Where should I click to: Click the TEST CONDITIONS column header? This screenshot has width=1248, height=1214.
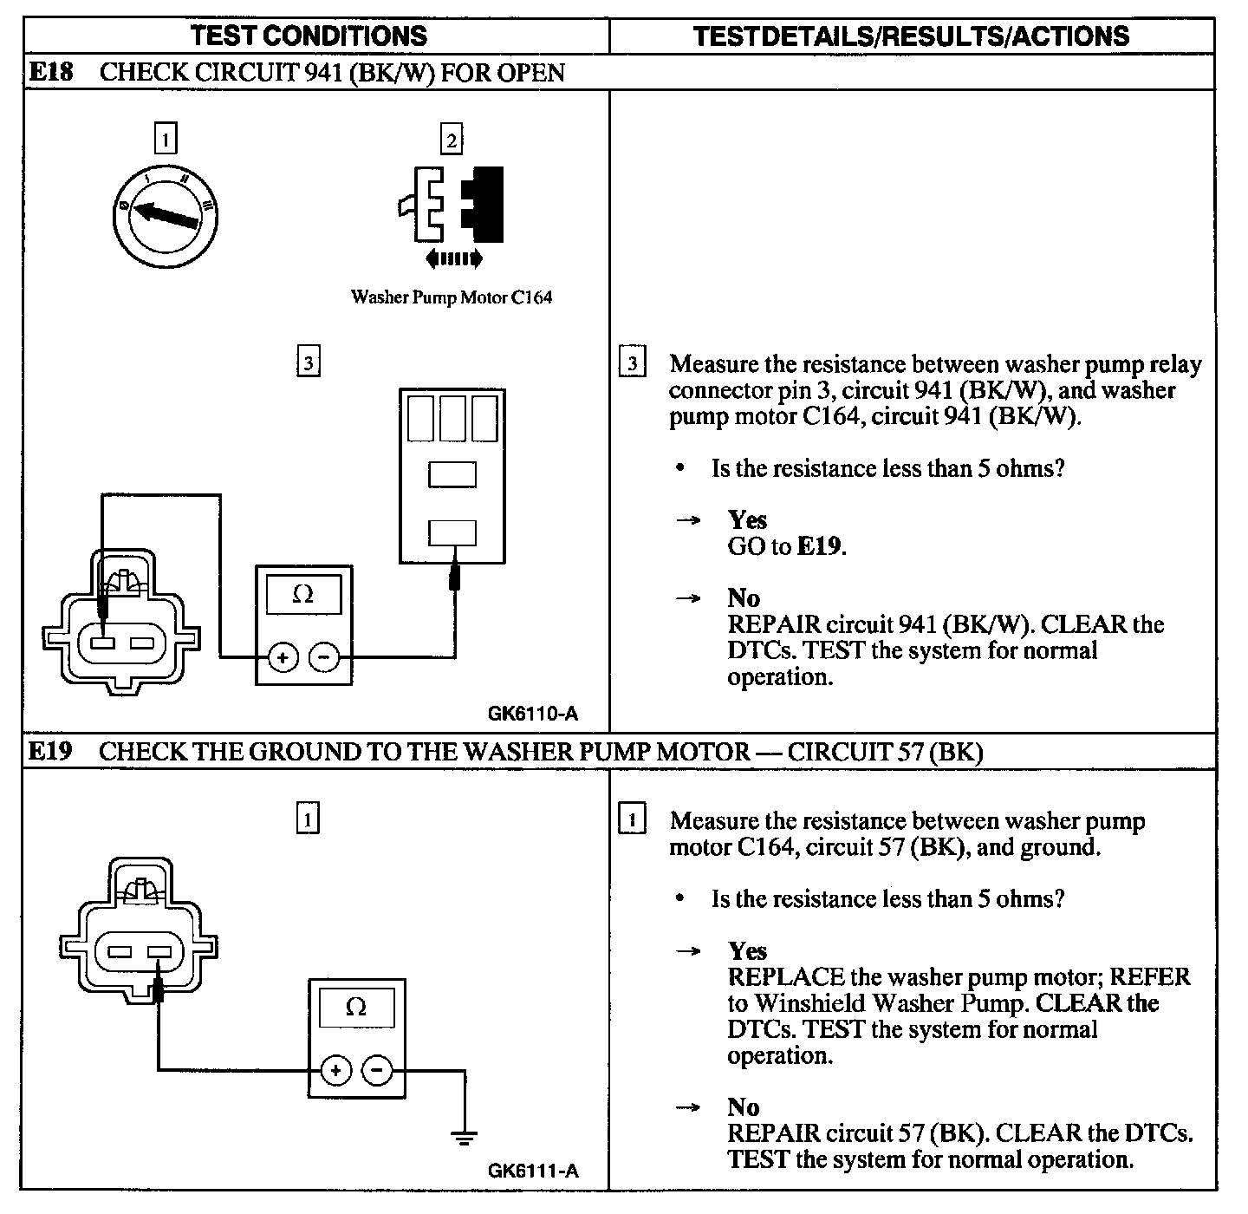pos(309,36)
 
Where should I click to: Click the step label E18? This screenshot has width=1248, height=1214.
pos(51,72)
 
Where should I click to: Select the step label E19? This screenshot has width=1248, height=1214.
pos(50,751)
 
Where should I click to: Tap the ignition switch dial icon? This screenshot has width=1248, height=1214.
pos(165,214)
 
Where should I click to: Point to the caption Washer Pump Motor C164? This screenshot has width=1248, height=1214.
pos(451,297)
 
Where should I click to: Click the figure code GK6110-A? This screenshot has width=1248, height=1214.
pos(532,714)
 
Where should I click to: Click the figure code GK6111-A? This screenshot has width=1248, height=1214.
pos(532,1171)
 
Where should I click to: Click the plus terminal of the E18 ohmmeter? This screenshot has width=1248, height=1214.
pos(283,657)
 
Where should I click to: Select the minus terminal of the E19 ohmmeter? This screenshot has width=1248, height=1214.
pos(377,1071)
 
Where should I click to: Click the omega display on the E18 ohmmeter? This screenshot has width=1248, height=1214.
pos(303,594)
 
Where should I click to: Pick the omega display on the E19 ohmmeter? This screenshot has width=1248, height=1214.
pos(356,1007)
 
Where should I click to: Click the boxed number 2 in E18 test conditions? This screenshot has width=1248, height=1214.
pos(451,140)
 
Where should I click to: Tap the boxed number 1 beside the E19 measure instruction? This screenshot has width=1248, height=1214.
pos(633,819)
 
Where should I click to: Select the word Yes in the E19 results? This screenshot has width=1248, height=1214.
pos(747,950)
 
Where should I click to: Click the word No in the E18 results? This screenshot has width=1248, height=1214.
pos(744,597)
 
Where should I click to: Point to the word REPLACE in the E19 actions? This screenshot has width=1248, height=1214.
pos(786,976)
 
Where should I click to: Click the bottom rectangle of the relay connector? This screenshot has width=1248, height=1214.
pos(452,532)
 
